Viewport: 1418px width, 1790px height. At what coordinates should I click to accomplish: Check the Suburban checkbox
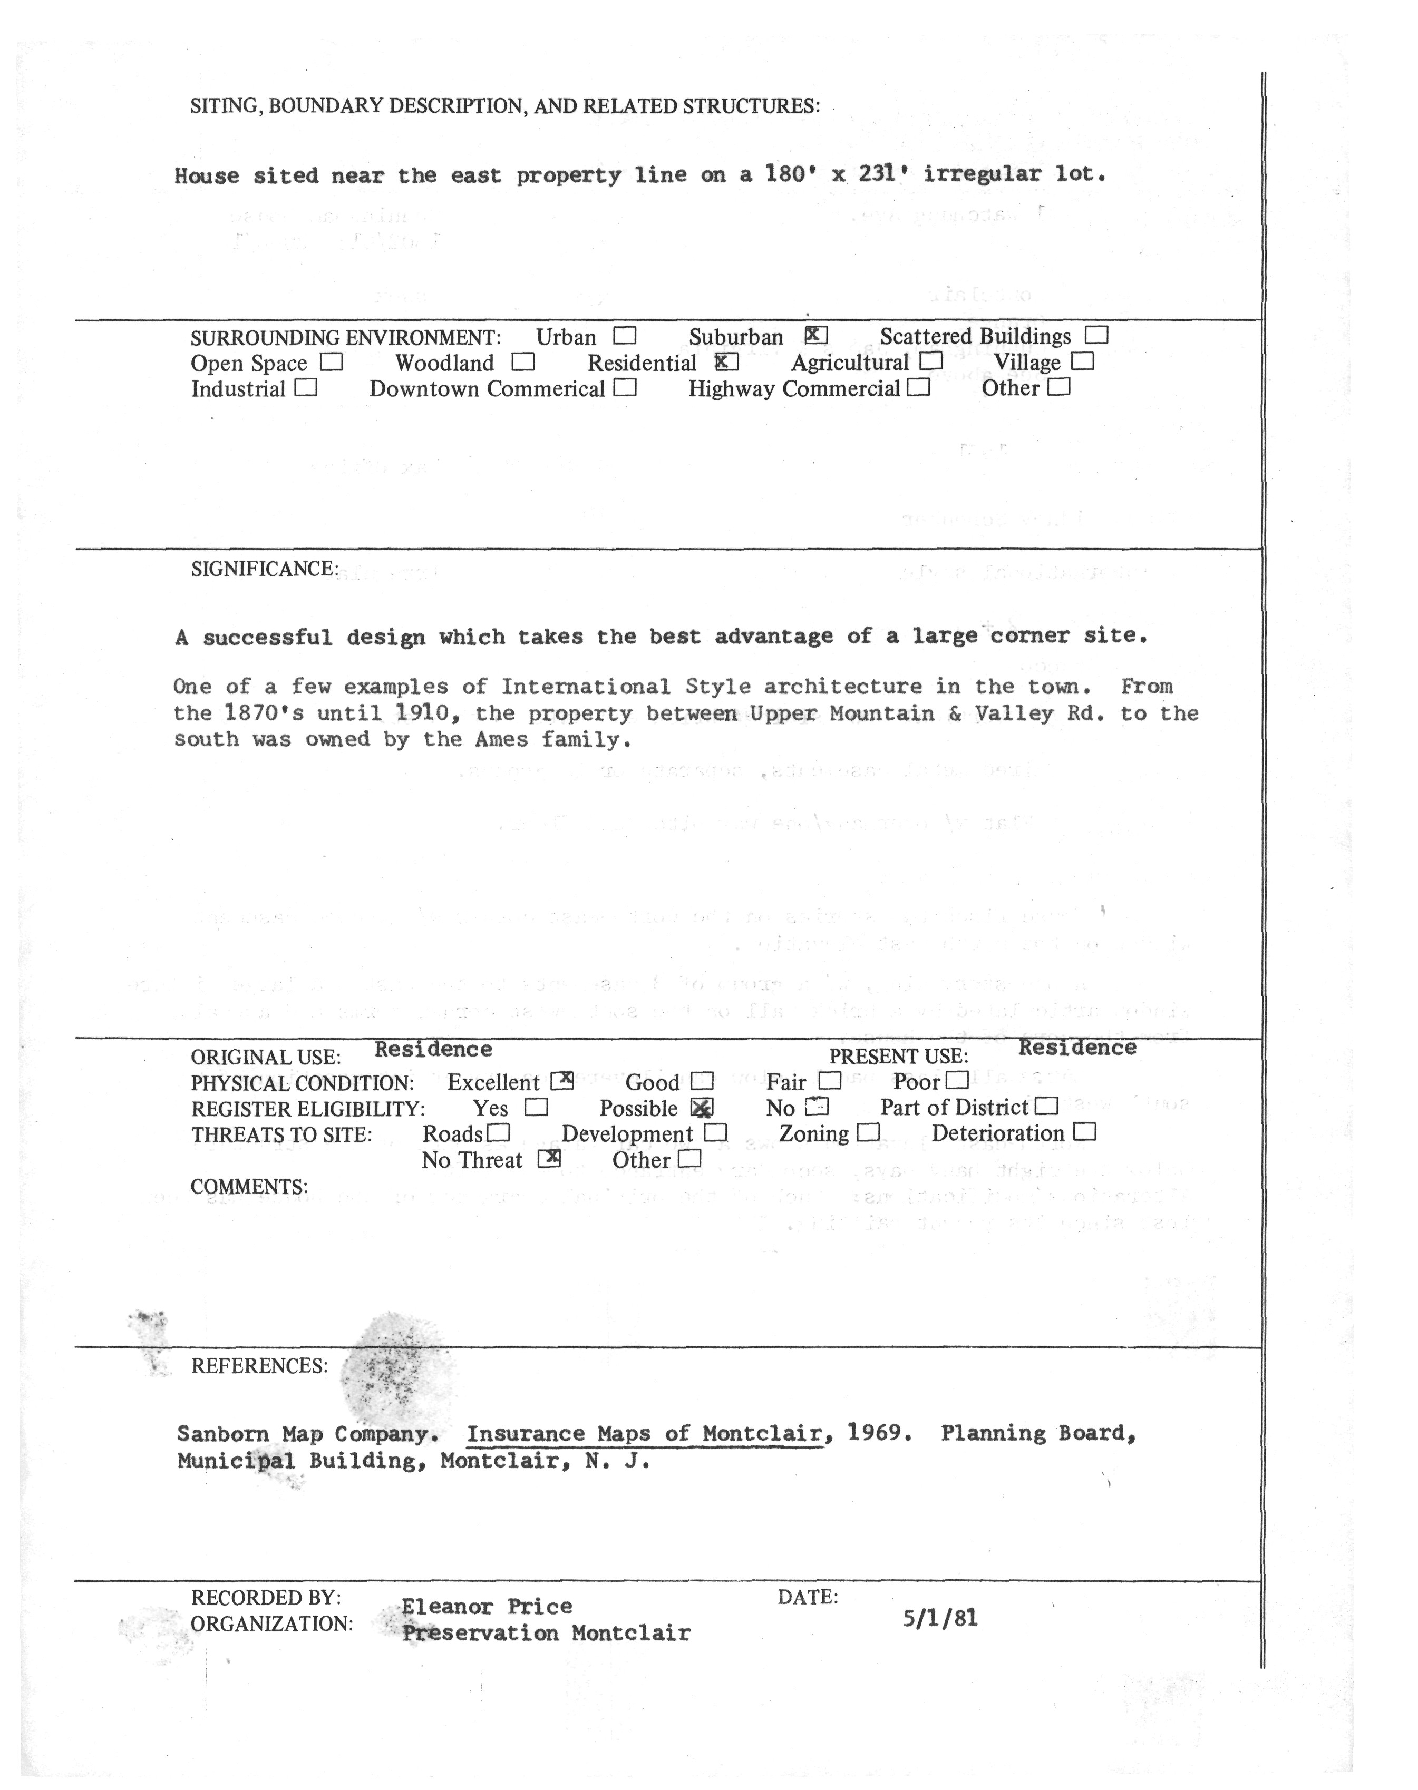tap(816, 335)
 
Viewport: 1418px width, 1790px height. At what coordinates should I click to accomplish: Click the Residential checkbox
tap(726, 362)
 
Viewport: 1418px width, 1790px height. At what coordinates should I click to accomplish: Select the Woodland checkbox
tap(523, 363)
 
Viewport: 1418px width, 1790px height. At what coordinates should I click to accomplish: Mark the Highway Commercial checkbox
tap(918, 387)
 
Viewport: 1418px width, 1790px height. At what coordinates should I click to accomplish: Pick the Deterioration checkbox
tap(1085, 1132)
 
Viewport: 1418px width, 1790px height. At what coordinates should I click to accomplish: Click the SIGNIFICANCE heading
tap(264, 569)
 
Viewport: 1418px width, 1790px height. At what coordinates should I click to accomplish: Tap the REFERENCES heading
tap(259, 1366)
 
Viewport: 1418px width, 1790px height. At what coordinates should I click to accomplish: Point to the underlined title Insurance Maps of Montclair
tap(644, 1434)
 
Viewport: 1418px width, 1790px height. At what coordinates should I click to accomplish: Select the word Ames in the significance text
tap(501, 739)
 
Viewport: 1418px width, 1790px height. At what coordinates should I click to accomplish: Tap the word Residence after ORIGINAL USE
tap(433, 1049)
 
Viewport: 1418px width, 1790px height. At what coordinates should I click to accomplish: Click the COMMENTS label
tap(249, 1187)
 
